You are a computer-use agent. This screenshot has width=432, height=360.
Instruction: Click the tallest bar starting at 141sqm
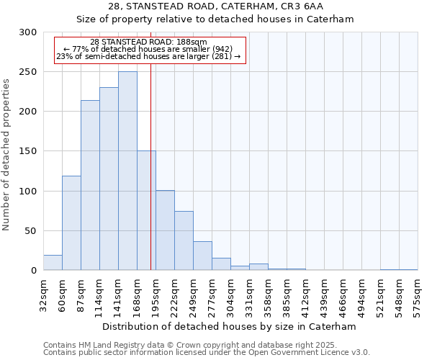(127, 171)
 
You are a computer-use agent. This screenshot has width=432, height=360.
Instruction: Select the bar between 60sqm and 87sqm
(71, 223)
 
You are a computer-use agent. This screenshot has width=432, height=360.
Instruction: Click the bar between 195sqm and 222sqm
(165, 230)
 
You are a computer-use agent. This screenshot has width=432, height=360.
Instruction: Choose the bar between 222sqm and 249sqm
(184, 240)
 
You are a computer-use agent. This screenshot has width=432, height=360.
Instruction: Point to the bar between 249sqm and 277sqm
(202, 256)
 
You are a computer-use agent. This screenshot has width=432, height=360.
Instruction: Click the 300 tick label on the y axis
(28, 32)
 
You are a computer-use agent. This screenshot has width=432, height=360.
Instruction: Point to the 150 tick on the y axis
(28, 151)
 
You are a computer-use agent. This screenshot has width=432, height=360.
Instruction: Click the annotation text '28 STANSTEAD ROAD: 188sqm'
(148, 42)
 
